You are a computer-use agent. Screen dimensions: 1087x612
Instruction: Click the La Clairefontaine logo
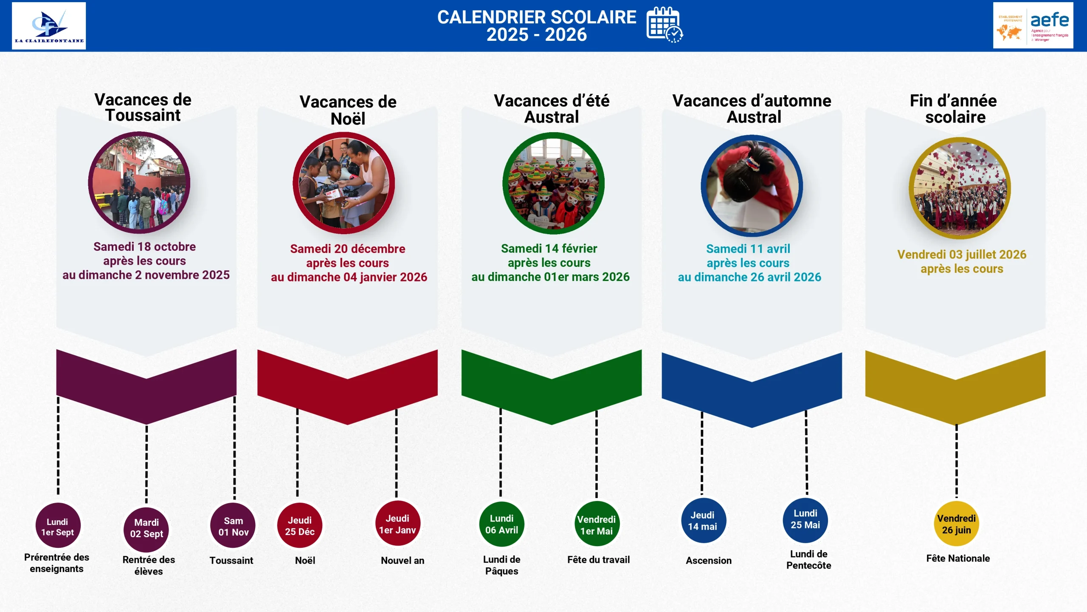pos(49,26)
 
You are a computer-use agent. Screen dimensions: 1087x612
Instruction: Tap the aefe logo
pos(1033,25)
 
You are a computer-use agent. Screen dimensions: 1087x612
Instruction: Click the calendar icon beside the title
pos(665,25)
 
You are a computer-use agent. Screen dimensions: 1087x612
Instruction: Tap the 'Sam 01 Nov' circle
pos(233,526)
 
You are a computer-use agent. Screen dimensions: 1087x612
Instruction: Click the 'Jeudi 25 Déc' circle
pos(300,526)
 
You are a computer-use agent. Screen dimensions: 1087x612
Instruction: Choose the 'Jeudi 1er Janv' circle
pos(397,524)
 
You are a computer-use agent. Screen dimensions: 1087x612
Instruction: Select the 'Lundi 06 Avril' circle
pos(501,524)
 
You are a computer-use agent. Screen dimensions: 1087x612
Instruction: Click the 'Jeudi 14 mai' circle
pos(703,520)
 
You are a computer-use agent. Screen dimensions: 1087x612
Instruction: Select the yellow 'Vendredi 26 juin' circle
pos(956,524)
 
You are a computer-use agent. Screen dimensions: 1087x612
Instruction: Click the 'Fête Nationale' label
pos(958,558)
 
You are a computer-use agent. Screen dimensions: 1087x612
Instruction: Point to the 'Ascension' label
pos(709,561)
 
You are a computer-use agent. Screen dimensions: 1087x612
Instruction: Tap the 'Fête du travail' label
pos(598,560)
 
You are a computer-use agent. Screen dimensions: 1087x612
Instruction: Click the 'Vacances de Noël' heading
pos(348,110)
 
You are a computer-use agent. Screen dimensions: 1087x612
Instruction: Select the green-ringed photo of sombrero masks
pos(553,183)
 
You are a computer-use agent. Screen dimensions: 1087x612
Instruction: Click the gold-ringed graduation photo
pos(960,188)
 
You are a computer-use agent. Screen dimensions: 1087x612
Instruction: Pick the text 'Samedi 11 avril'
pos(748,249)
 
